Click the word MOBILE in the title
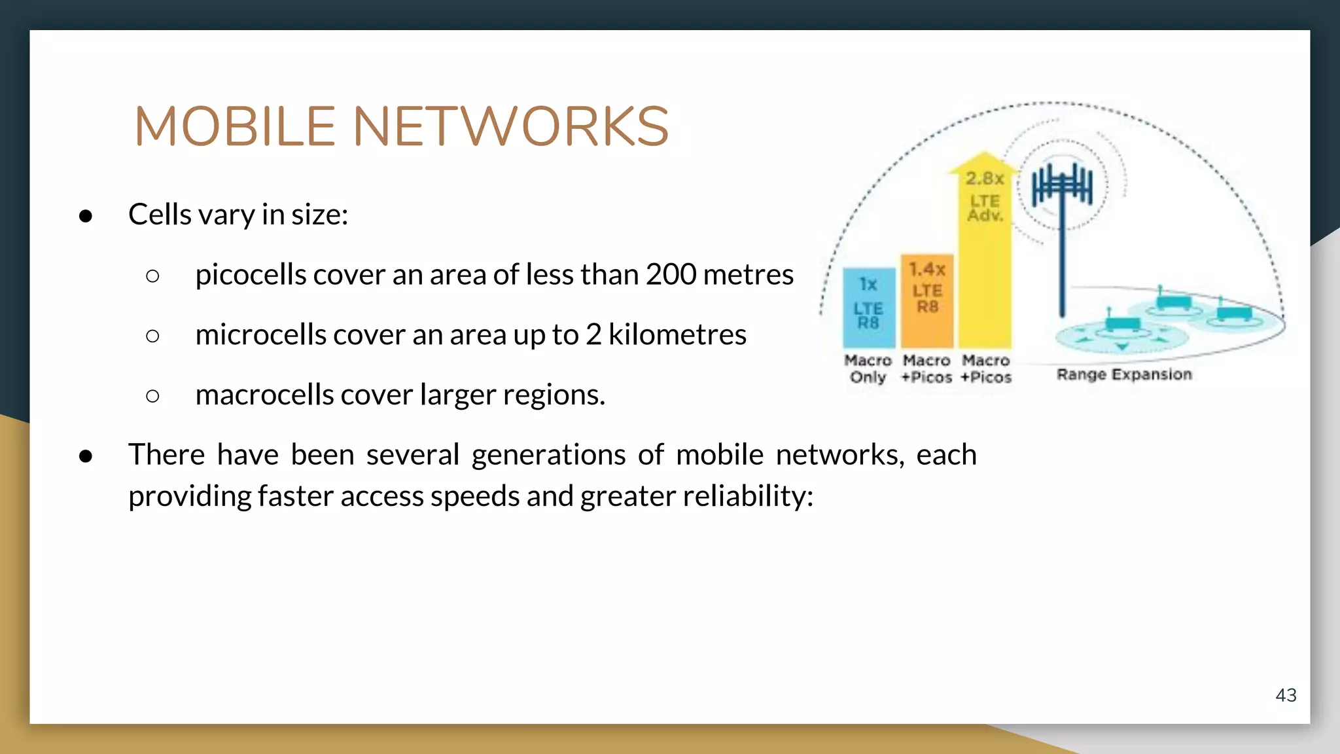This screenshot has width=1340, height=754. [235, 126]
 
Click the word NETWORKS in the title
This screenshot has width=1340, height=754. [511, 126]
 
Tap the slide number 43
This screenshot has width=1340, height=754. [1286, 695]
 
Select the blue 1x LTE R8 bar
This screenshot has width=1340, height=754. [868, 308]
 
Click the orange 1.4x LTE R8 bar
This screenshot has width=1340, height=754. [926, 301]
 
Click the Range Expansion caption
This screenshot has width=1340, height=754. [1124, 374]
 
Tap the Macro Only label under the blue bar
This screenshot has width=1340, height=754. [868, 368]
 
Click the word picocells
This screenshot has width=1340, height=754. [251, 275]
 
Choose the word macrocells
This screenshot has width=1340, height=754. [264, 395]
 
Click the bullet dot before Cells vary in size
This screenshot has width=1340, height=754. [86, 216]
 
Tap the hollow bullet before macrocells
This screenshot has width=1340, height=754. [152, 396]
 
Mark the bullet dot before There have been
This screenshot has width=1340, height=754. [86, 456]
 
